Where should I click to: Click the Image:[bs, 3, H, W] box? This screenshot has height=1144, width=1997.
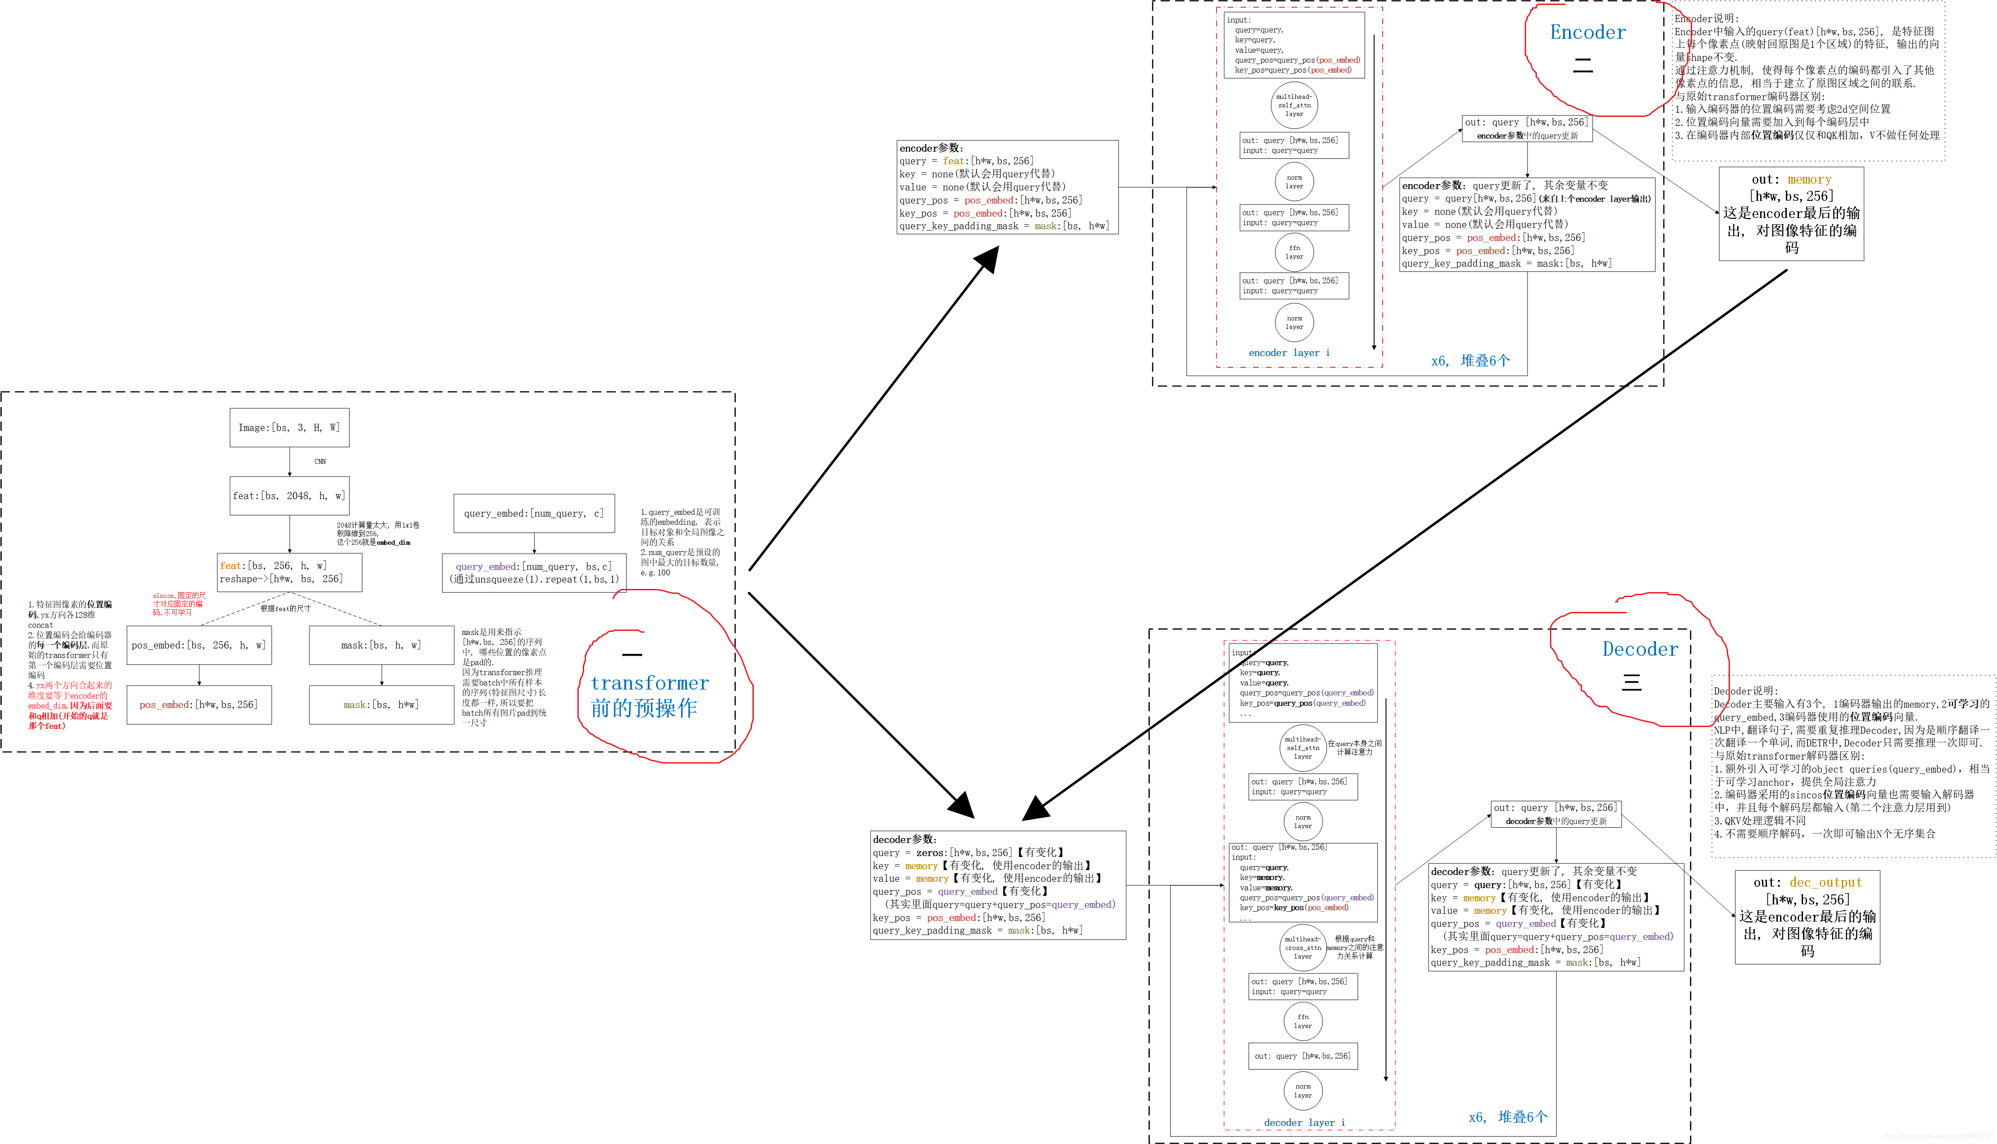(289, 427)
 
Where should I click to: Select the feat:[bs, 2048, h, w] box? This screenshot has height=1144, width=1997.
(289, 496)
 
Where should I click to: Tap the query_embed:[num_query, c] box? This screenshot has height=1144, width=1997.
(534, 513)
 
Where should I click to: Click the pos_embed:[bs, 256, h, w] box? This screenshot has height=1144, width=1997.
(198, 645)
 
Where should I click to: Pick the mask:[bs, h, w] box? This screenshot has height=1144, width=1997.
(382, 645)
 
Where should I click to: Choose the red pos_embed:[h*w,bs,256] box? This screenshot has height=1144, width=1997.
(198, 705)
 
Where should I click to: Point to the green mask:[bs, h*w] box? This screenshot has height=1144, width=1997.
(382, 705)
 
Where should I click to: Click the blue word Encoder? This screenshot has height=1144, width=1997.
(1587, 32)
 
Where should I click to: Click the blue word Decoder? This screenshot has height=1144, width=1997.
(1640, 649)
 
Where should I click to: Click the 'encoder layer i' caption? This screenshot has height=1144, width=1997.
(1289, 353)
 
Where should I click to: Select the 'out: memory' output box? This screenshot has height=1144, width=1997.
(1791, 213)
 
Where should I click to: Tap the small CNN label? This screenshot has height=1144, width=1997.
(320, 461)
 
